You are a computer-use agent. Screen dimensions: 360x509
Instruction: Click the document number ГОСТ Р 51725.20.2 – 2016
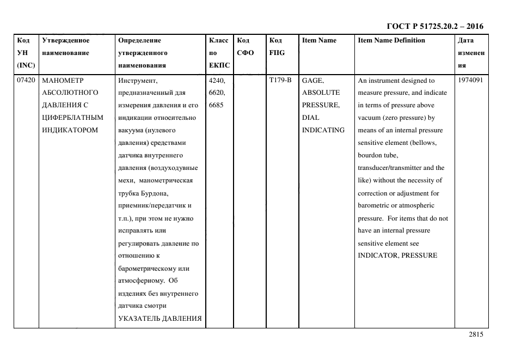tap(434, 26)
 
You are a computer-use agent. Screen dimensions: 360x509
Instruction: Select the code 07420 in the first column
tap(26, 80)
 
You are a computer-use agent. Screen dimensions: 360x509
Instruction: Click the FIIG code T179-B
tap(280, 80)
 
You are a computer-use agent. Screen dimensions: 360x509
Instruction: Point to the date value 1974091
tap(470, 80)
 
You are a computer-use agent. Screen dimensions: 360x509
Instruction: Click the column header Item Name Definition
tap(391, 40)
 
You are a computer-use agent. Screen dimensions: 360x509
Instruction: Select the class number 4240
tap(217, 80)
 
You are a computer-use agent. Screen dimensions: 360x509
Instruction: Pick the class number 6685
tap(216, 105)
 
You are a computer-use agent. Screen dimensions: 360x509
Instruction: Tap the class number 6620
tap(217, 93)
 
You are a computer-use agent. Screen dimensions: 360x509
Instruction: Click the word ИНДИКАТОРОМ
tap(70, 130)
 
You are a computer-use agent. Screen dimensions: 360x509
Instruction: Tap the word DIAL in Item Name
tap(311, 118)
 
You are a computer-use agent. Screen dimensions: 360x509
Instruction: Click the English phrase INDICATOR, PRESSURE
tap(397, 256)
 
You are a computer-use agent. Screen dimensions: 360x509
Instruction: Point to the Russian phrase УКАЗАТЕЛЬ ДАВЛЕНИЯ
tap(160, 319)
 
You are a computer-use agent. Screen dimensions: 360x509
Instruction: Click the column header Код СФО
tap(246, 46)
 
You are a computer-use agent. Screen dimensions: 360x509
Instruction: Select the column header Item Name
tap(319, 40)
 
